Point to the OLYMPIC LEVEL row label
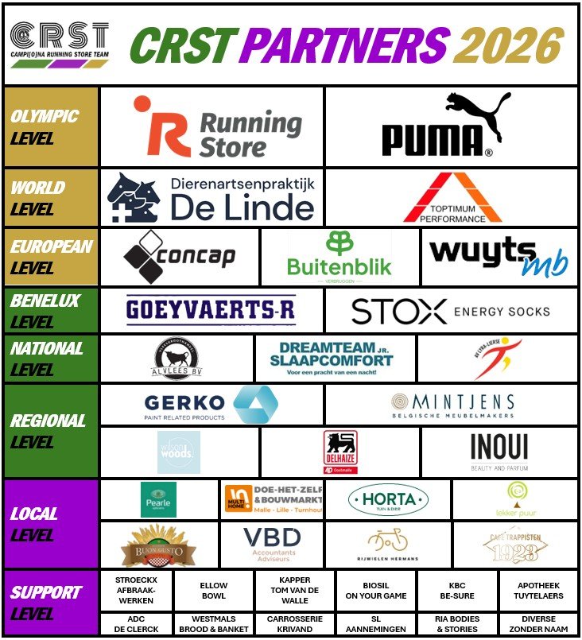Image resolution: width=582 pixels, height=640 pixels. pyautogui.click(x=45, y=127)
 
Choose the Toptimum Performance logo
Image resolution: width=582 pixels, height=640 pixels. pyautogui.click(x=452, y=198)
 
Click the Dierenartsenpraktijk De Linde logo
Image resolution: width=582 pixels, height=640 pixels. pyautogui.click(x=211, y=197)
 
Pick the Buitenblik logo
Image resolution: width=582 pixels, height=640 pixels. pyautogui.click(x=339, y=257)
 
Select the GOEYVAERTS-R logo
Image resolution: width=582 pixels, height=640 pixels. pyautogui.click(x=211, y=310)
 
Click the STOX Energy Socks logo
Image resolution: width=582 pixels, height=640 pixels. pyautogui.click(x=450, y=311)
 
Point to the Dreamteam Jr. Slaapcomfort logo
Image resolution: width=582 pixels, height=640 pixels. pyautogui.click(x=336, y=359)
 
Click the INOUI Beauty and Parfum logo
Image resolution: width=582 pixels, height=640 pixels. pyautogui.click(x=499, y=452)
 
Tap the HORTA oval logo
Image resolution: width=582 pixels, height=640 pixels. pyautogui.click(x=389, y=499)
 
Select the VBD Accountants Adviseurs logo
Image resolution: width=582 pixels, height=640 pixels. pyautogui.click(x=272, y=544)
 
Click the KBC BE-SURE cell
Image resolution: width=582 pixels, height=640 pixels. pyautogui.click(x=457, y=590)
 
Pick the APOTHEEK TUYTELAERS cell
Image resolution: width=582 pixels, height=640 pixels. pyautogui.click(x=538, y=590)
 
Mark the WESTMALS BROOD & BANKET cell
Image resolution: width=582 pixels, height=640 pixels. pyautogui.click(x=214, y=623)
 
